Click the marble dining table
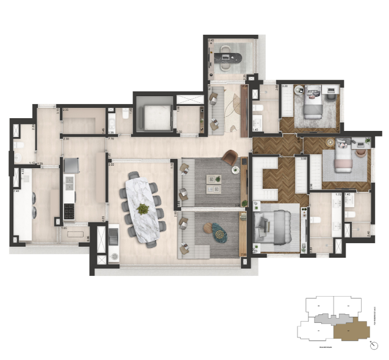coord(143,207)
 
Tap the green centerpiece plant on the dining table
coord(143,209)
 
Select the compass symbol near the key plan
coord(373,345)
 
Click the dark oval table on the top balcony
coord(229,58)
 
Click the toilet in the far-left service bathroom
coord(18,144)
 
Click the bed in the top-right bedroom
coord(312,104)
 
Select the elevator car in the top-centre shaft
coord(152,115)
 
